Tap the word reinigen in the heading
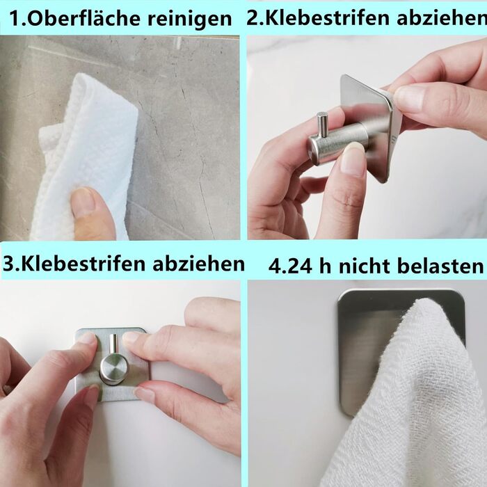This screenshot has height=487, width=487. pyautogui.click(x=189, y=19)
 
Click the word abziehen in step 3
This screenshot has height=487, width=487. pyautogui.click(x=199, y=264)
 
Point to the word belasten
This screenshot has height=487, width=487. pyautogui.click(x=440, y=266)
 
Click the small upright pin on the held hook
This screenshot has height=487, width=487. pyautogui.click(x=322, y=125)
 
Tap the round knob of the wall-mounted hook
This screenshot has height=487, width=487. pyautogui.click(x=113, y=369)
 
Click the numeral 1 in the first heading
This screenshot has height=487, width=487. pyautogui.click(x=15, y=19)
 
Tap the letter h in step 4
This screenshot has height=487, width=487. pyautogui.click(x=325, y=266)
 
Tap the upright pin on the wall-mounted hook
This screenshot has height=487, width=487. pyautogui.click(x=113, y=345)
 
